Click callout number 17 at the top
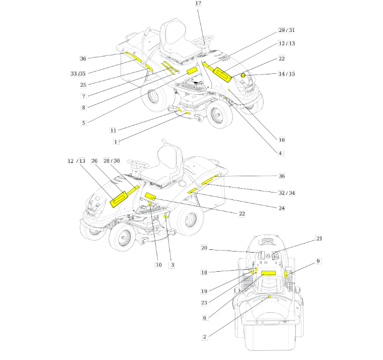198,3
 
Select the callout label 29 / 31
286,30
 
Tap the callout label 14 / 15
286,73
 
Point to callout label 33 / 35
78,73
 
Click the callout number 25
83,85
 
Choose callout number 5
83,123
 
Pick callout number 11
113,130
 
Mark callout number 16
282,140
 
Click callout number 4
280,153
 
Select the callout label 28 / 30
112,161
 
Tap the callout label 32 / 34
286,193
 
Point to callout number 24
282,208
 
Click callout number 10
158,265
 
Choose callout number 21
319,238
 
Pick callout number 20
204,248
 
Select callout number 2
205,337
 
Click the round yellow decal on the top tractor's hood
243,76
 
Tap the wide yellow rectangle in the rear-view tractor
268,273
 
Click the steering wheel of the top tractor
203,40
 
